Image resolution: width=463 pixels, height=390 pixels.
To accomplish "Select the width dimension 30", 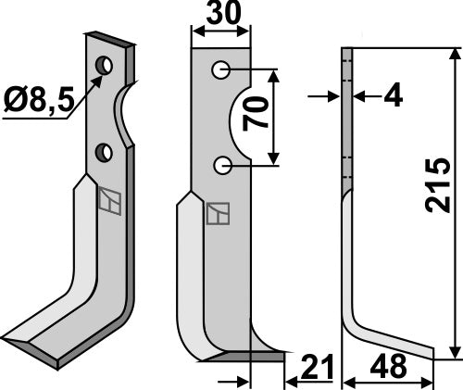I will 220,16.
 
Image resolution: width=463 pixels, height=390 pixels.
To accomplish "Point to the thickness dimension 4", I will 393,94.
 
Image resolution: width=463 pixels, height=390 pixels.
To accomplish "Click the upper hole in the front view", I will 220,69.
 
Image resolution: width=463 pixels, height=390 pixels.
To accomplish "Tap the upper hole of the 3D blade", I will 106,66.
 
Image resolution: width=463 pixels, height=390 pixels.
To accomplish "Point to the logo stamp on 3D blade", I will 109,201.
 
